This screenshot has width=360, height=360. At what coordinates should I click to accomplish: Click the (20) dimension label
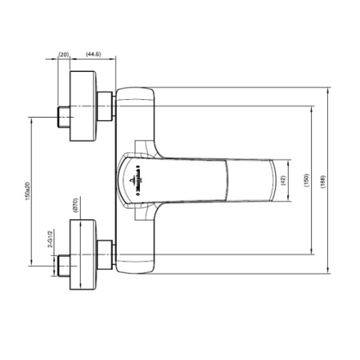tap(64, 54)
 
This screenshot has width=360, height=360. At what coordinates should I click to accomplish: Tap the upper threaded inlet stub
tap(62, 116)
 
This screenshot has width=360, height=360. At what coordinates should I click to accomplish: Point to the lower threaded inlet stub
tap(62, 264)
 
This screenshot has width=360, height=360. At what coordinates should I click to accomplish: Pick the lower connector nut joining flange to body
tap(105, 254)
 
